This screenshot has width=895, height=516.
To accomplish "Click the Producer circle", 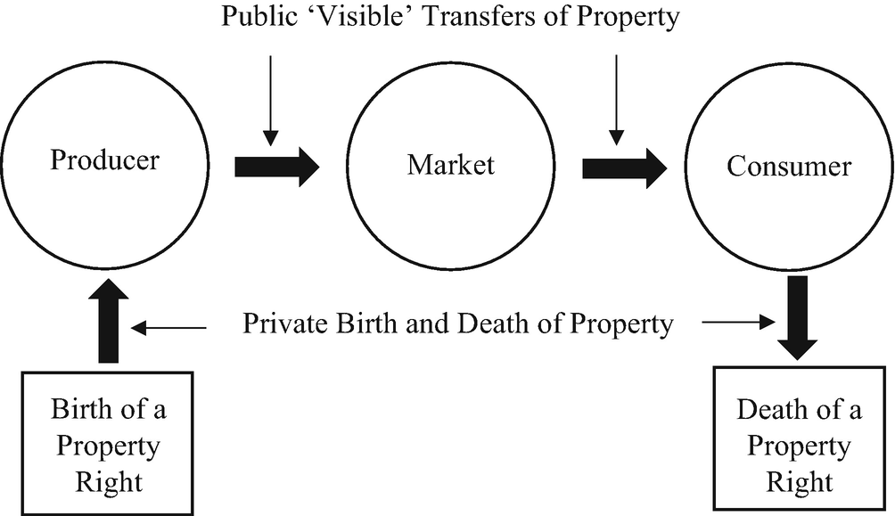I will coord(105,162).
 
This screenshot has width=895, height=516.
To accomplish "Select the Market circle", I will coord(450,165).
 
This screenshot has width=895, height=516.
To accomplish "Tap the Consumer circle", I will coord(789,165).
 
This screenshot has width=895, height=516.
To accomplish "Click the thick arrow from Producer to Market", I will coord(276,166).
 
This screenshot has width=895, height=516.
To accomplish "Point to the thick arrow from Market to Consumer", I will coord(624,166).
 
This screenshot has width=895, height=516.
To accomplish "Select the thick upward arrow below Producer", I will coord(108,324).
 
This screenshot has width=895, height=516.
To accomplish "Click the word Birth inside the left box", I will coord(81,410).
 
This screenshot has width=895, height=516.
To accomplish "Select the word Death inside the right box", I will coord(770,411).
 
